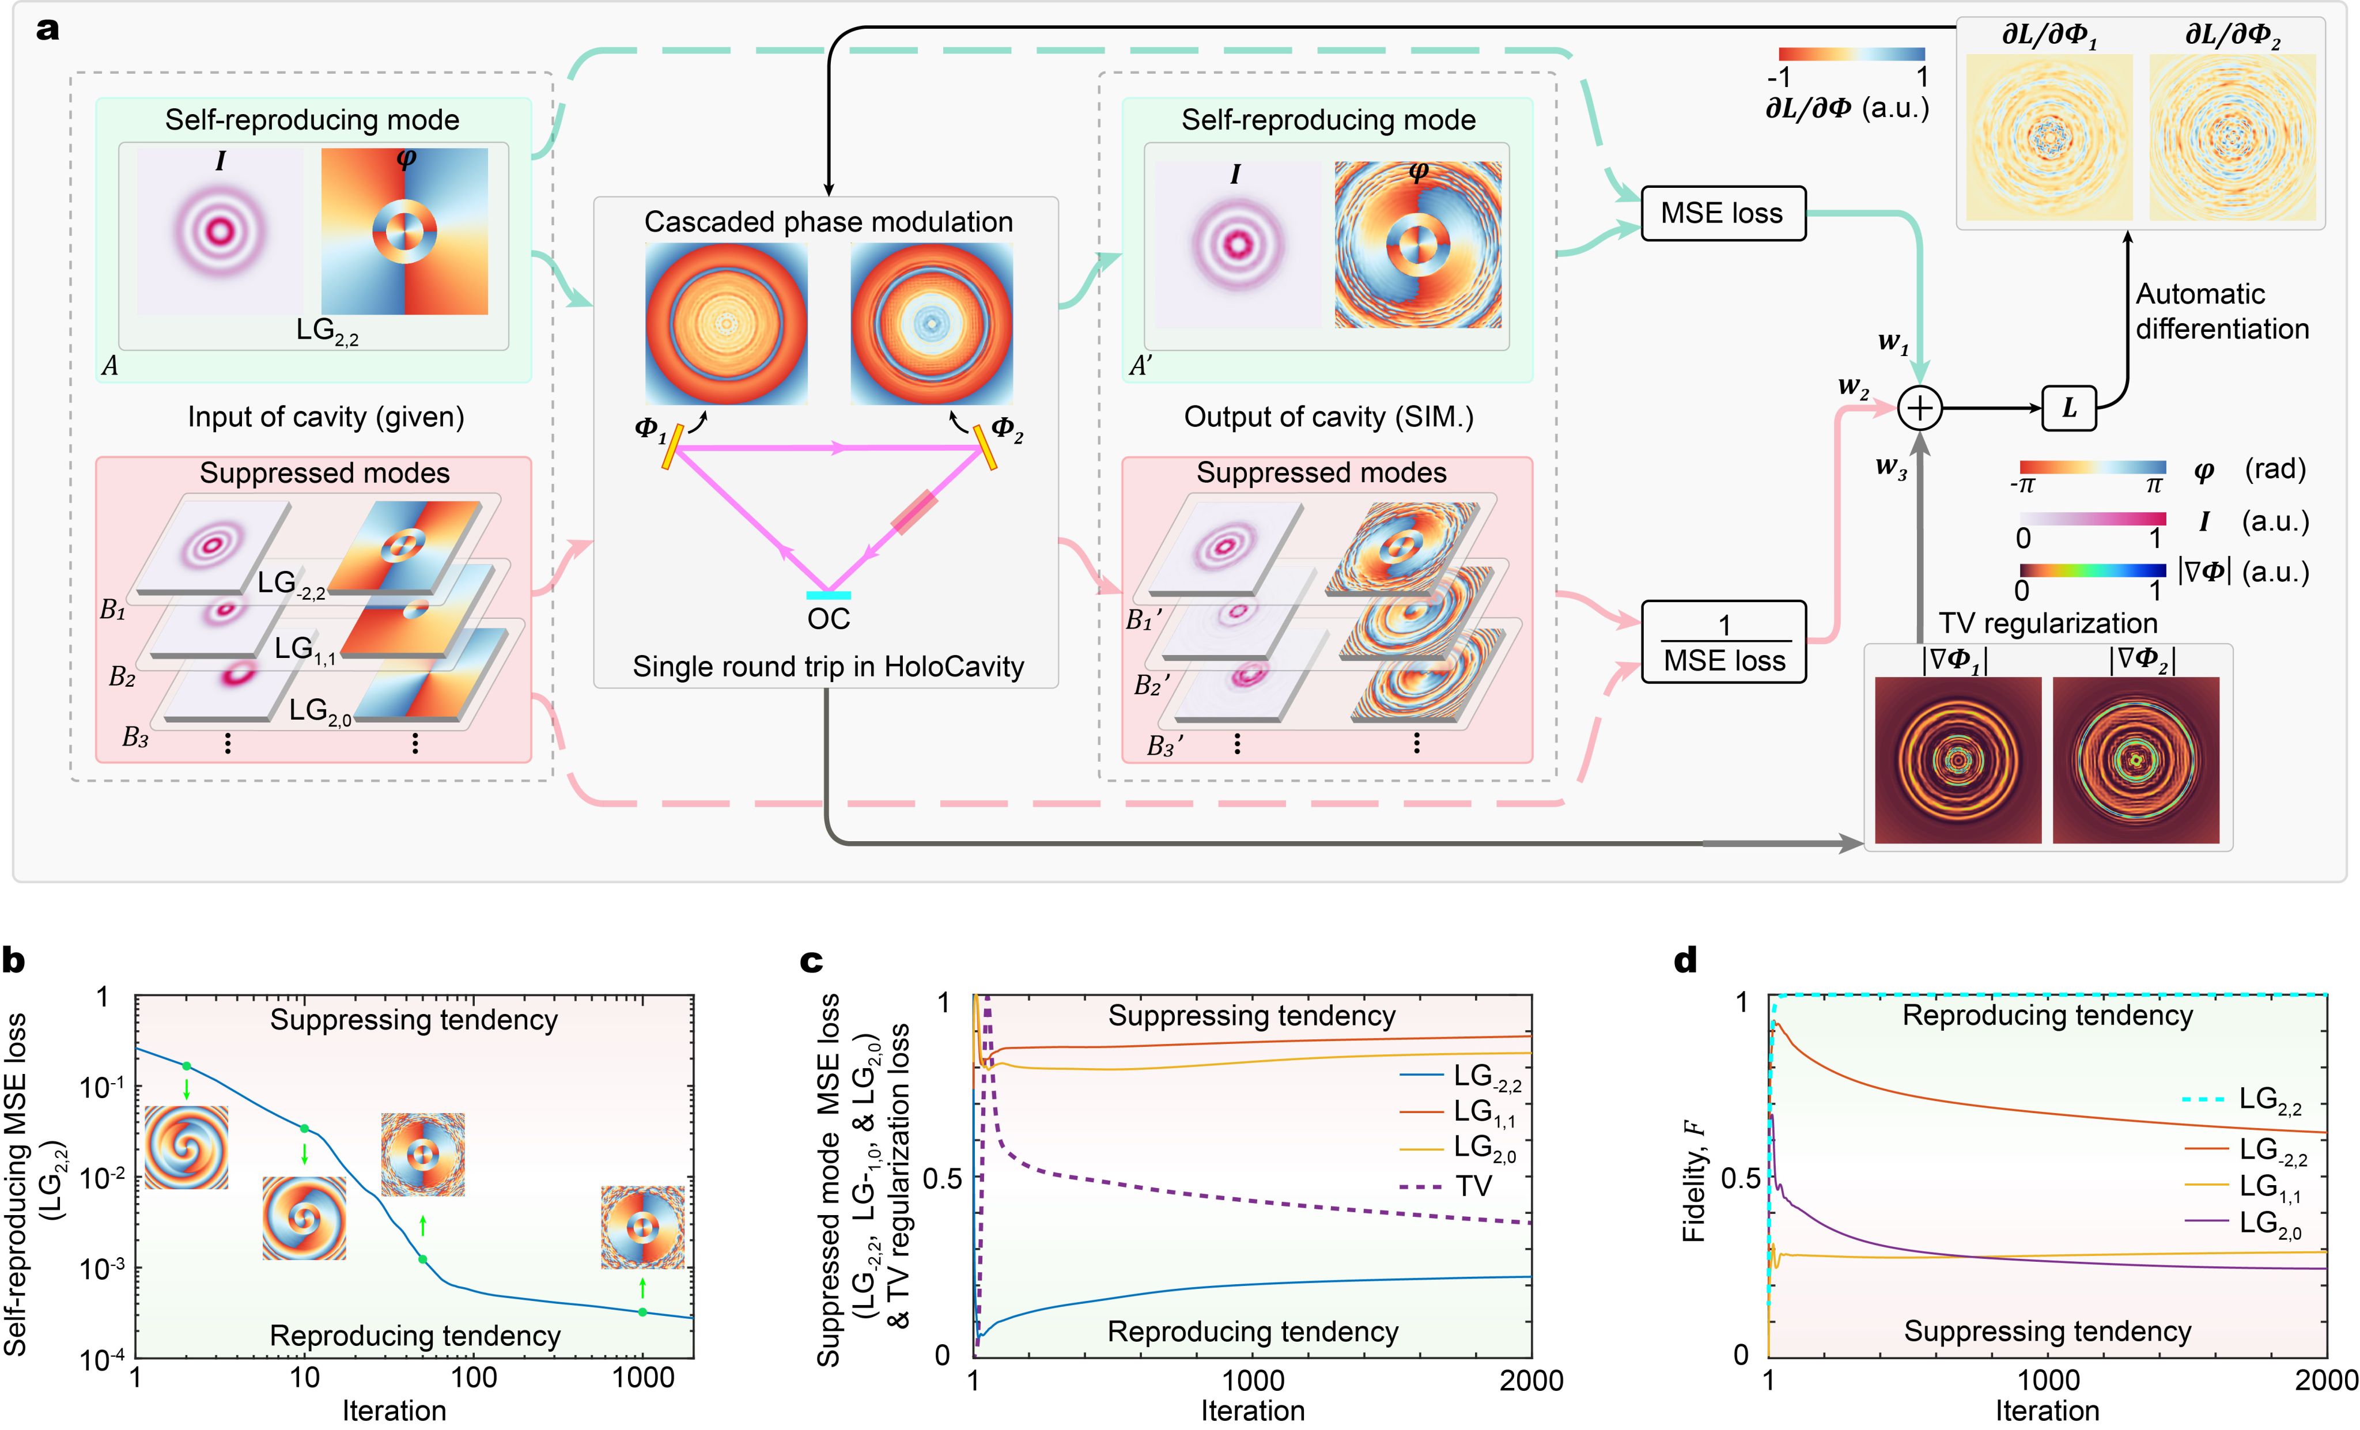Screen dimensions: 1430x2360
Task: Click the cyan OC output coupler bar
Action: pyautogui.click(x=829, y=596)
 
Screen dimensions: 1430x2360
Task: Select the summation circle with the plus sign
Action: pyautogui.click(x=1919, y=409)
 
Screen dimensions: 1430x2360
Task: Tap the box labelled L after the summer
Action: pyautogui.click(x=2069, y=409)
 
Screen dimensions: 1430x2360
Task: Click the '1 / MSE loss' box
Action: pyautogui.click(x=1723, y=642)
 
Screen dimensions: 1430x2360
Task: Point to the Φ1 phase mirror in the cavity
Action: pyautogui.click(x=671, y=447)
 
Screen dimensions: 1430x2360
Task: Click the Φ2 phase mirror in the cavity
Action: pyautogui.click(x=986, y=447)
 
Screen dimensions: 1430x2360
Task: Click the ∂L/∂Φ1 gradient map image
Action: pyautogui.click(x=2049, y=137)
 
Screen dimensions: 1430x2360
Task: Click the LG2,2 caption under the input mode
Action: pyautogui.click(x=327, y=331)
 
